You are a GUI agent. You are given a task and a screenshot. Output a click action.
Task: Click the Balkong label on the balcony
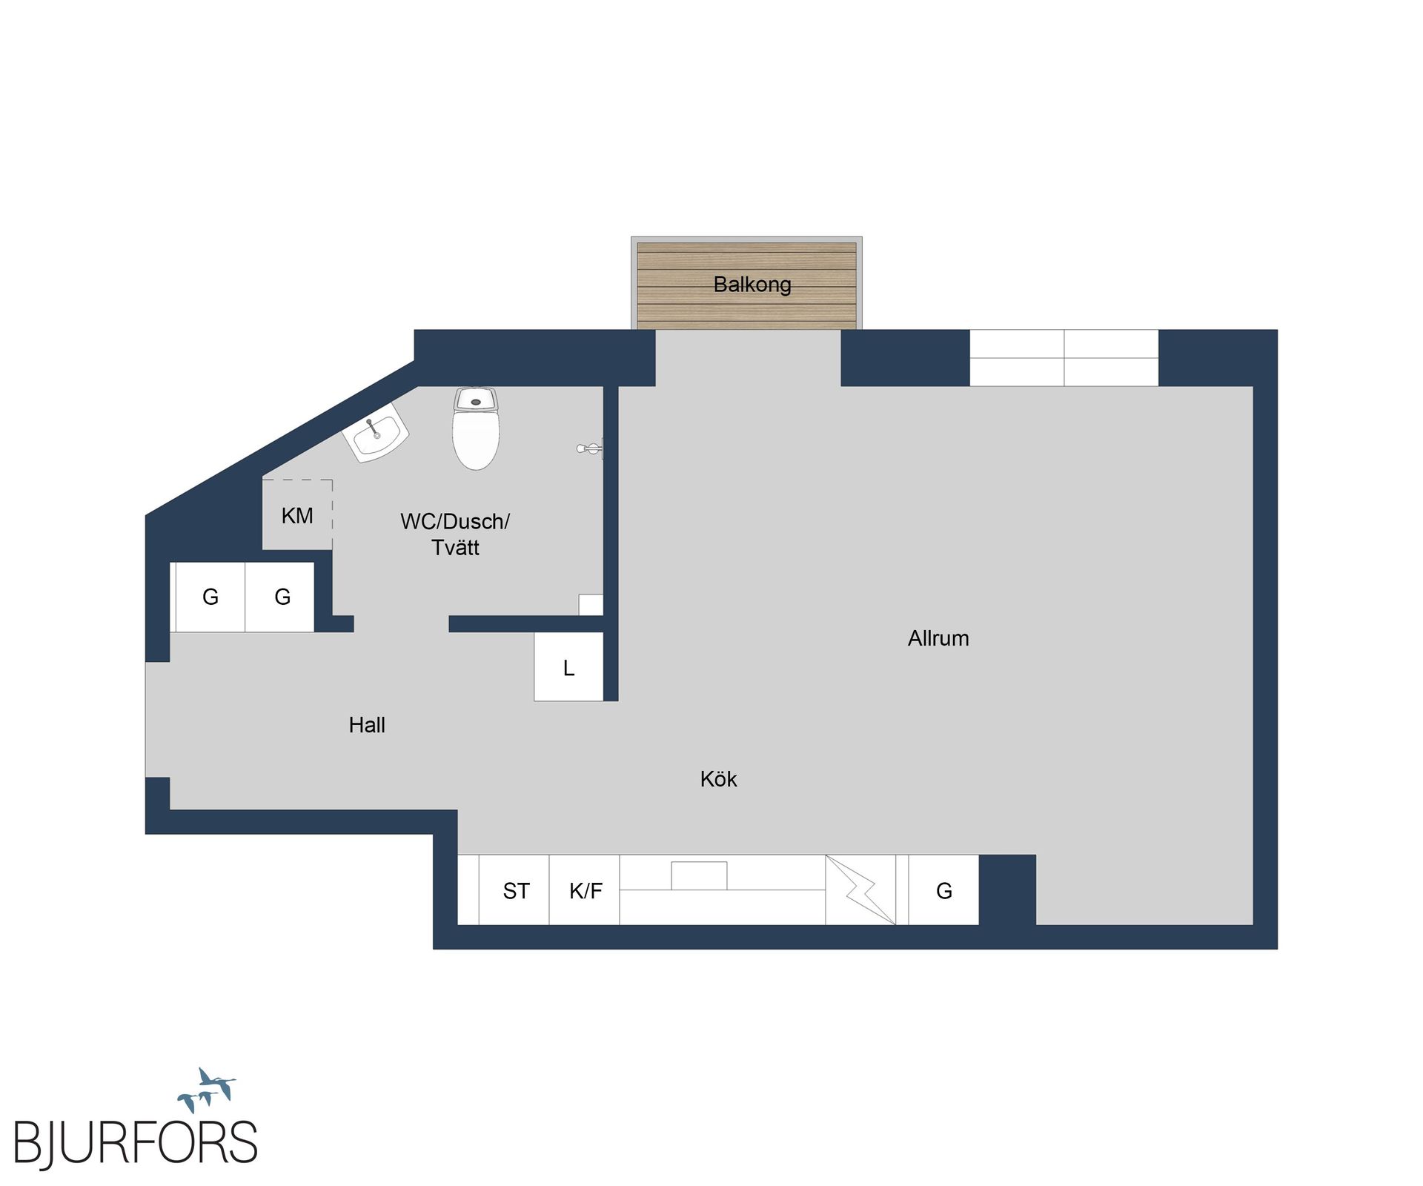click(752, 285)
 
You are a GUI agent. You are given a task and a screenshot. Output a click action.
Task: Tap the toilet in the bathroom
click(476, 430)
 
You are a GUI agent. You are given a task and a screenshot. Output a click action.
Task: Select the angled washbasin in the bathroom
click(376, 432)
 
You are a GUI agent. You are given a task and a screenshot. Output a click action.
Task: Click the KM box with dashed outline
click(297, 515)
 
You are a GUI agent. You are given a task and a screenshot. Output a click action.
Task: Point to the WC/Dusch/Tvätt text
click(454, 534)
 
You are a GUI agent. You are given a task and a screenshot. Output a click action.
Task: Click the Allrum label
click(938, 638)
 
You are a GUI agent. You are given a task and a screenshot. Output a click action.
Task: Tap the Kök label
click(718, 779)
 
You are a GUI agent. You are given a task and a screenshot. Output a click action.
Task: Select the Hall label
click(367, 725)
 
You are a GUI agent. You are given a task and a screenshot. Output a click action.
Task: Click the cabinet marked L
click(568, 667)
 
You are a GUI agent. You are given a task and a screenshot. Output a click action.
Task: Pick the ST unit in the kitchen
click(515, 890)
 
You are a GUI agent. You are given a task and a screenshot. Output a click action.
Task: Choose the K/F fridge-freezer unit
click(585, 890)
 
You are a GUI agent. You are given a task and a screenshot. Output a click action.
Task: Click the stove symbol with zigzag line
click(860, 889)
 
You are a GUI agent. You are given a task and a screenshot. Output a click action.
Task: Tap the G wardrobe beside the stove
click(943, 890)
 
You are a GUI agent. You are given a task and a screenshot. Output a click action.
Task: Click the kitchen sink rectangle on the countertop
click(699, 875)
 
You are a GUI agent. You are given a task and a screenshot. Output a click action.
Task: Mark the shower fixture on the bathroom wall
click(591, 448)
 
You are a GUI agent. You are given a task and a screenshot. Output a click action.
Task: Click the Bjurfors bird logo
click(207, 1090)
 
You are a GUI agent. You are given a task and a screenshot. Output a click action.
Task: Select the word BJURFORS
click(136, 1142)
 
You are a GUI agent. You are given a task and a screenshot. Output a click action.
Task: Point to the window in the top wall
click(1064, 357)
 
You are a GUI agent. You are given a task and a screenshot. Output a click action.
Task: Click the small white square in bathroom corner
click(591, 604)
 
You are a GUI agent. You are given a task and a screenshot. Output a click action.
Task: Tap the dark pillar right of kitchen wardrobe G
click(1007, 889)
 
